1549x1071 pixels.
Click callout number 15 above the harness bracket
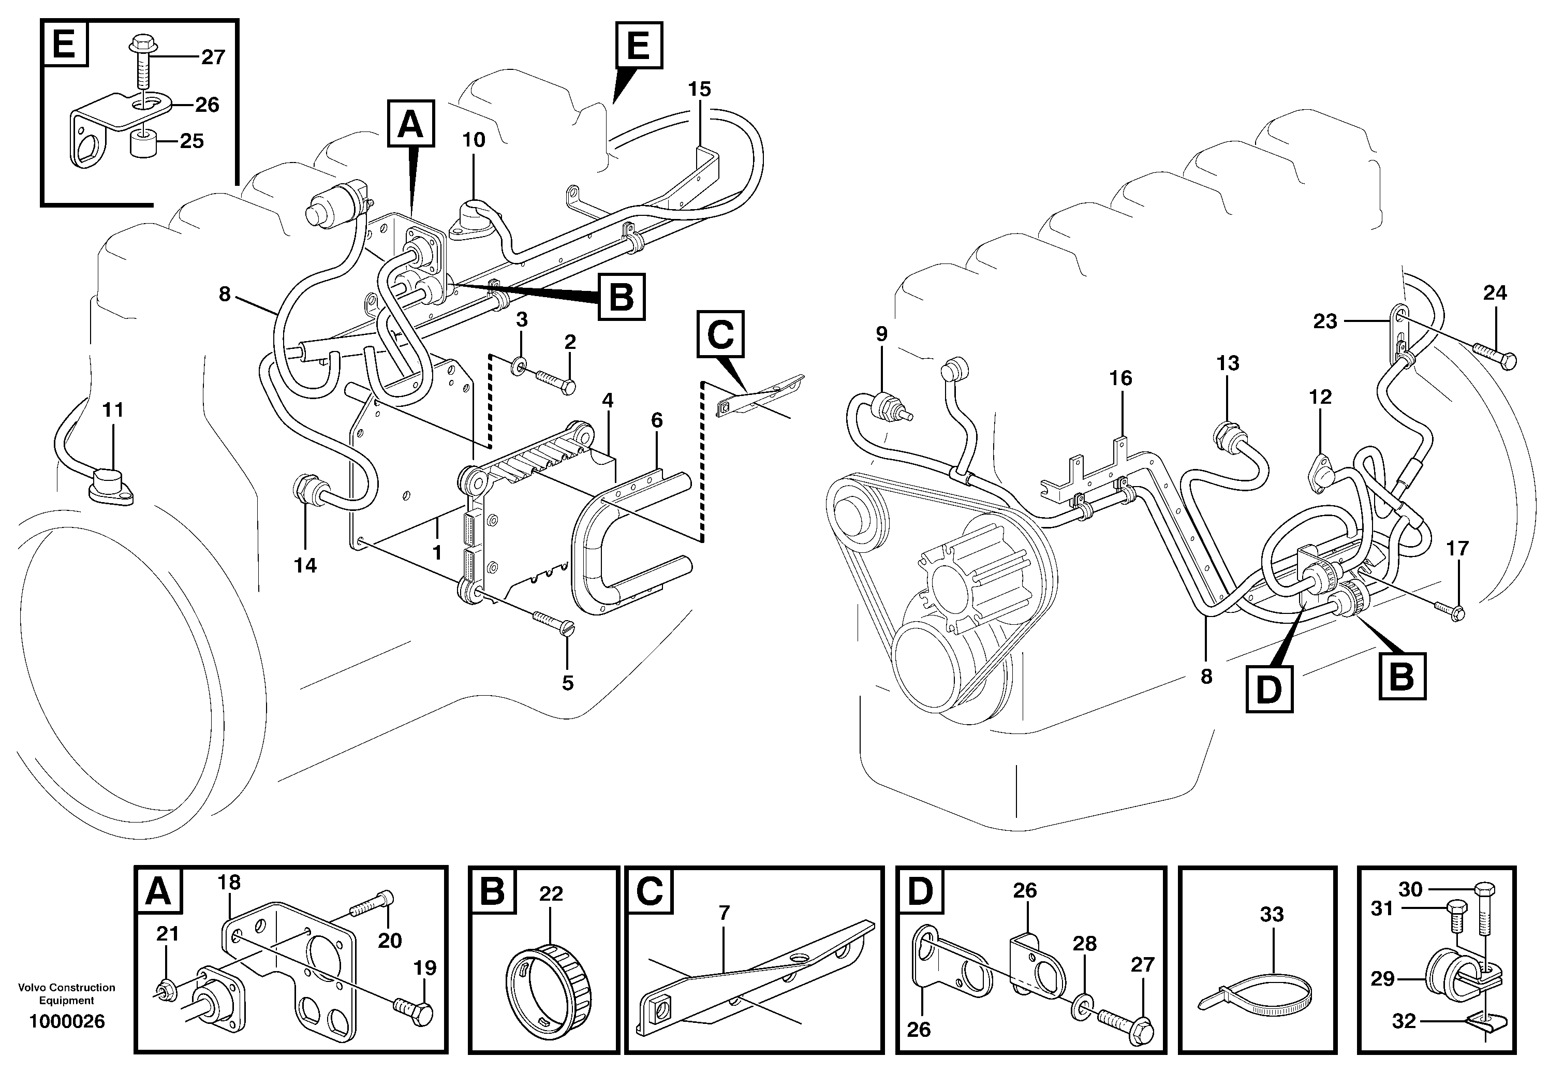[699, 89]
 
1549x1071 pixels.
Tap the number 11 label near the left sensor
[113, 409]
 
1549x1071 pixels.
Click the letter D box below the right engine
[1268, 688]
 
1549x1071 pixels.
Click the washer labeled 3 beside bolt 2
[519, 366]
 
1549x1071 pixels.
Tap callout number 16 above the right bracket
[1120, 378]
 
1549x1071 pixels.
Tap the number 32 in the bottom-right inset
[1404, 1021]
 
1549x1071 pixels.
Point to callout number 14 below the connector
[305, 566]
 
